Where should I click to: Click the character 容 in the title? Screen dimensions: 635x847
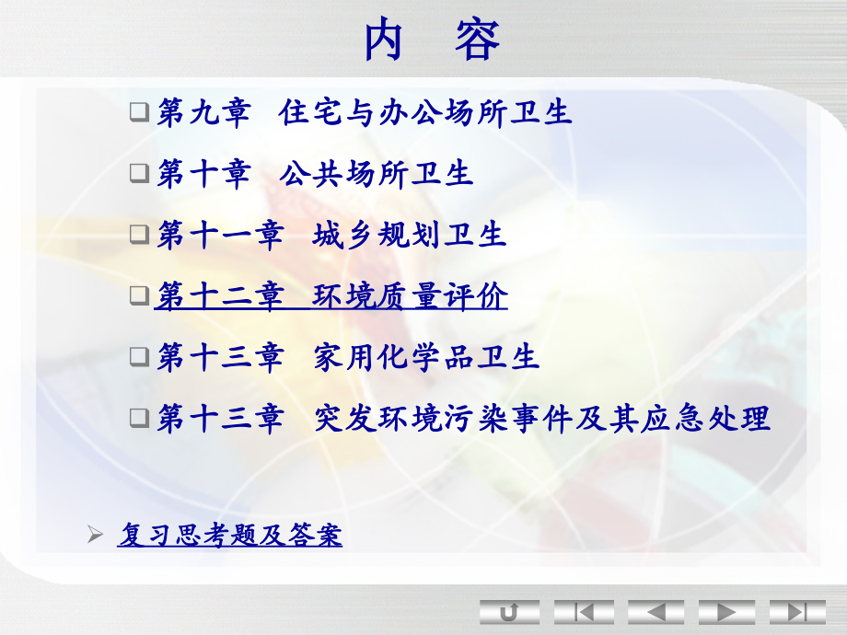[x=476, y=40]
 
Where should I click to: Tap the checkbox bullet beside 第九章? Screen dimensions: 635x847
[x=138, y=113]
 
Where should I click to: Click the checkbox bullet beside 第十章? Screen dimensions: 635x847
[x=138, y=174]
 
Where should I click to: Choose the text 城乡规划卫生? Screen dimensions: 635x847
[x=409, y=235]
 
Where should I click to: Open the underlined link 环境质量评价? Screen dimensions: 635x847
[x=410, y=296]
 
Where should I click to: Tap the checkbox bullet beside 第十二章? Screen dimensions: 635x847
[x=138, y=296]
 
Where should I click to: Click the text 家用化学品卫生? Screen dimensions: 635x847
[x=425, y=357]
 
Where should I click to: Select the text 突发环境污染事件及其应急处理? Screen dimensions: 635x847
[x=541, y=419]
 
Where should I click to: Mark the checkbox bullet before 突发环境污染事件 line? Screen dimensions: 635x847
[x=138, y=419]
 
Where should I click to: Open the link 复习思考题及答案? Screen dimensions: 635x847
[x=230, y=535]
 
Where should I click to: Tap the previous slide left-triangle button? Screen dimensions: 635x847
[x=656, y=611]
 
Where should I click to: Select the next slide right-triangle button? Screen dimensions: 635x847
[x=726, y=611]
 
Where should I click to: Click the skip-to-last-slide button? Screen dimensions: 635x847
[x=797, y=611]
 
